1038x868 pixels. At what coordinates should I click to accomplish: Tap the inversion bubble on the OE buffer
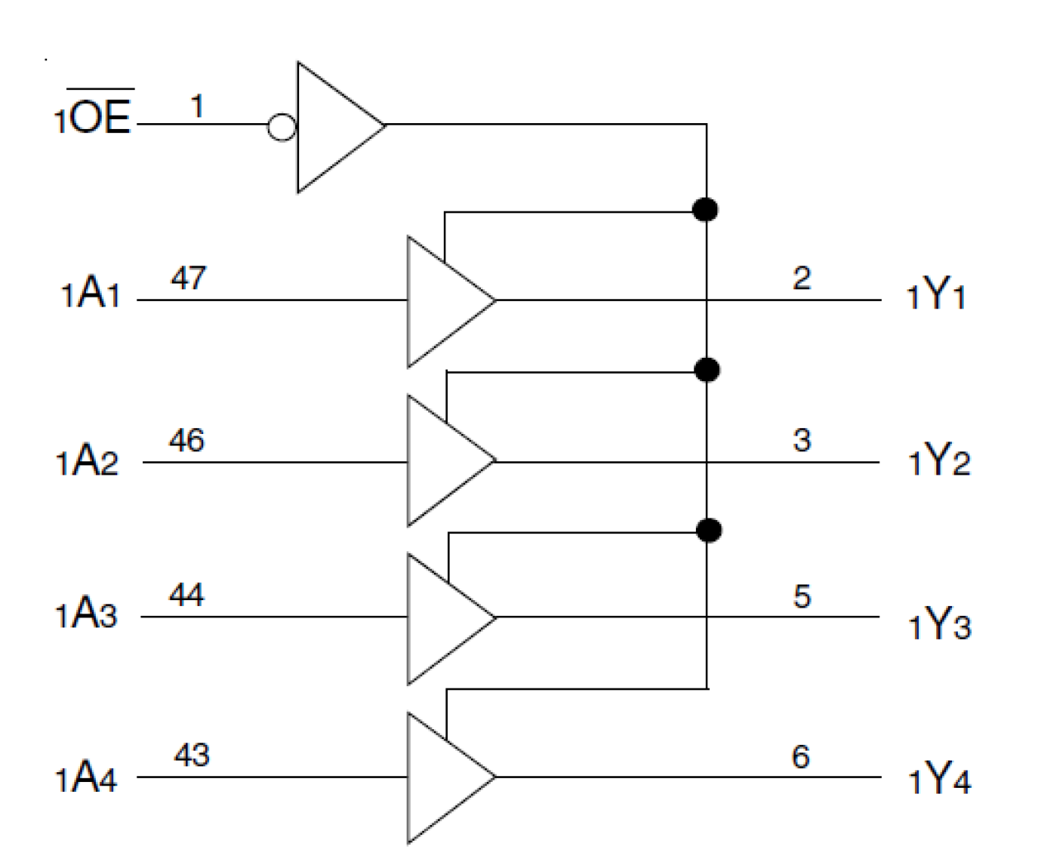coord(283,127)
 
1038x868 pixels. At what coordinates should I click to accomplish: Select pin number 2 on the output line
coord(802,279)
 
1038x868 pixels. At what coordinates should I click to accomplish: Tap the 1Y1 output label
coord(936,295)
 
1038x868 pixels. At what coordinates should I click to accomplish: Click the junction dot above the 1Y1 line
coord(705,210)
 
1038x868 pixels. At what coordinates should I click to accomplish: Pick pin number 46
coord(187,441)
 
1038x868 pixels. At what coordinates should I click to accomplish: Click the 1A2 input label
coord(88,463)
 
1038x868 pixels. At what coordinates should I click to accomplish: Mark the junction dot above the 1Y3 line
coord(708,529)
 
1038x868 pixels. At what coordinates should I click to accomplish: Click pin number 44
coord(187,594)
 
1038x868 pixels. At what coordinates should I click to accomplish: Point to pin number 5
coord(802,596)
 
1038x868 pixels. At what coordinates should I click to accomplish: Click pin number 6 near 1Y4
coord(801,756)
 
